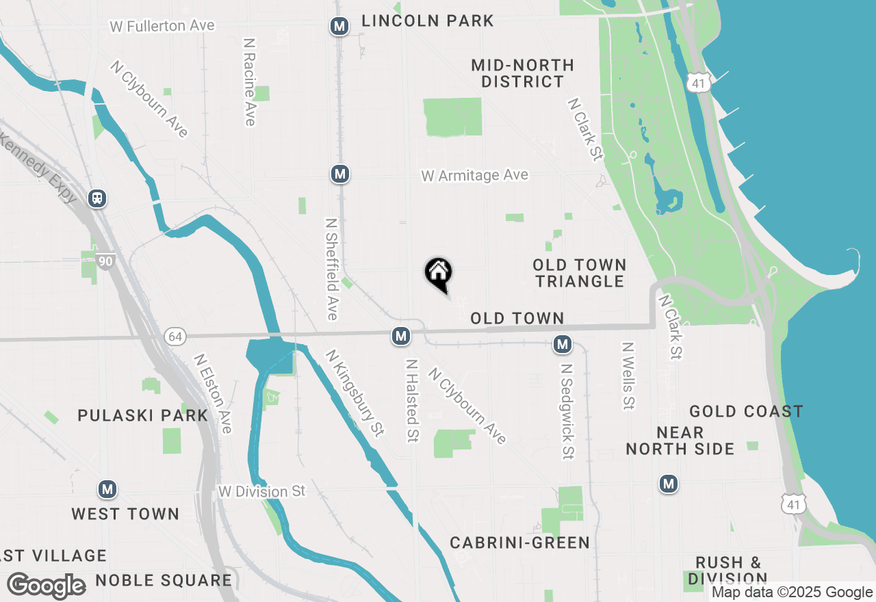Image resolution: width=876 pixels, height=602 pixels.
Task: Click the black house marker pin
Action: point(439,274)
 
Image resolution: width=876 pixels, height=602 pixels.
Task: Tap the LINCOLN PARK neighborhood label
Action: point(428,21)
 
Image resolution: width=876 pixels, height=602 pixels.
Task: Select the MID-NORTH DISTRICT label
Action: point(523,73)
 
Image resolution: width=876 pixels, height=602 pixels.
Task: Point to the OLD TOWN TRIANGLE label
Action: point(580,273)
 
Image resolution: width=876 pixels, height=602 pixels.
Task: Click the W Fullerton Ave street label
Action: point(162,26)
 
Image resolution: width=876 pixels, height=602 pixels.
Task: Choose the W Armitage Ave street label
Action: point(475,176)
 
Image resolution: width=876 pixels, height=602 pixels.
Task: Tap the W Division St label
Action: point(261,491)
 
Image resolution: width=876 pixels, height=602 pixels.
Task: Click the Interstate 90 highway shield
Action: point(105,261)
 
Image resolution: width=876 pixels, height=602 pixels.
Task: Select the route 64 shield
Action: point(175,336)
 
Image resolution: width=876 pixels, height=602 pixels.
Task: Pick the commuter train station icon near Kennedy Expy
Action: point(97,198)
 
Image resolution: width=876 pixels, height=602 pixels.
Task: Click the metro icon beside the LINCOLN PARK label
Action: point(339,27)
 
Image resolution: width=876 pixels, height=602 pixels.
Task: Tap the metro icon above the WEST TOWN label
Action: point(107,489)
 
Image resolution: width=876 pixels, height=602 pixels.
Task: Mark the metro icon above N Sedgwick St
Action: point(563,344)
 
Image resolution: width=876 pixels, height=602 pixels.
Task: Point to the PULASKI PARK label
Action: point(143,415)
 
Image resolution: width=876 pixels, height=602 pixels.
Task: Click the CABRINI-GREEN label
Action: point(520,543)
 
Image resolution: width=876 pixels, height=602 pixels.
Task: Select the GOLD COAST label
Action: point(746,411)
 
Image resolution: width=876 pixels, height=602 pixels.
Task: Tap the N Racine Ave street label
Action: point(249,81)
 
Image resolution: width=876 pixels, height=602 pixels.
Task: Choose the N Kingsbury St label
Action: point(355,393)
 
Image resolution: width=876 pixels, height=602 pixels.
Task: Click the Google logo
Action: point(47,586)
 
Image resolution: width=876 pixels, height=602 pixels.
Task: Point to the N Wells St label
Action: point(628,376)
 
